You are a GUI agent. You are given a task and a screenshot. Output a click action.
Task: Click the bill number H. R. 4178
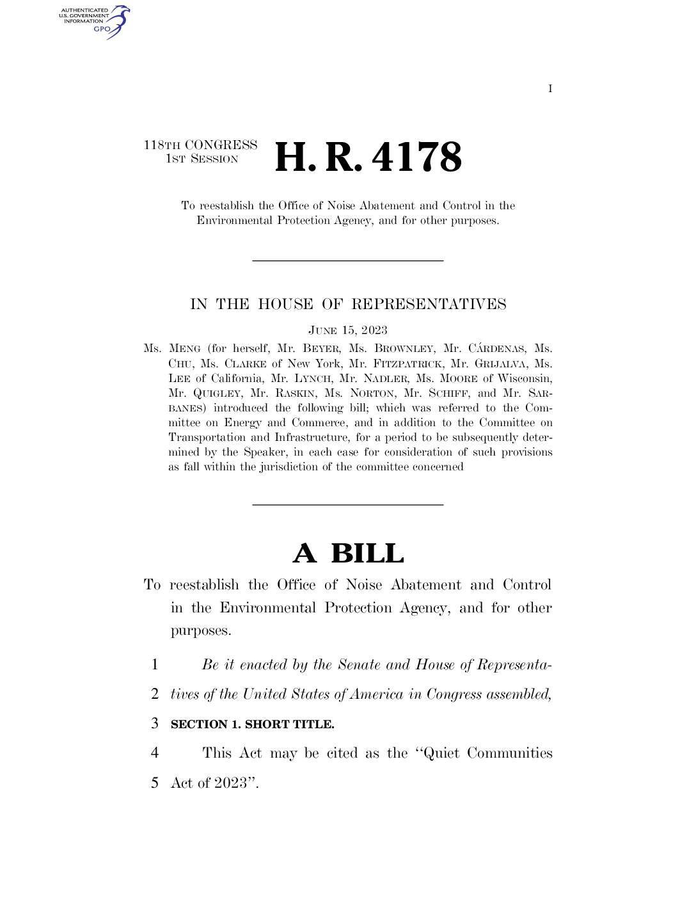(368, 157)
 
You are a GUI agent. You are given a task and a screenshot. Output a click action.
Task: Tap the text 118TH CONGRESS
(200, 145)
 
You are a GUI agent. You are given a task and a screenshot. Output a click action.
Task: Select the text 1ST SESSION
(202, 159)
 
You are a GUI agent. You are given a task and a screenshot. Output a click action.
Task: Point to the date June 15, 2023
(347, 330)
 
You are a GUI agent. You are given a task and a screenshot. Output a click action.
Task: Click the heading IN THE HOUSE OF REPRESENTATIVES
(348, 304)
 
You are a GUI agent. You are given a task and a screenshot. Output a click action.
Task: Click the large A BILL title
(348, 554)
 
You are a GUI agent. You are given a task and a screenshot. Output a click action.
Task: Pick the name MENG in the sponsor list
(185, 349)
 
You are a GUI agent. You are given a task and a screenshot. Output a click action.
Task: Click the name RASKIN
(296, 393)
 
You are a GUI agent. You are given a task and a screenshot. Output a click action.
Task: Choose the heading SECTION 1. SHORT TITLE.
(253, 724)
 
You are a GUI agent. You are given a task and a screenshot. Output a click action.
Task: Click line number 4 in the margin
(154, 753)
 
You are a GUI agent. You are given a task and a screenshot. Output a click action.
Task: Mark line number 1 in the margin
(154, 665)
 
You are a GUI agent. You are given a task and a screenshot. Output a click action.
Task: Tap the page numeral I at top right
(550, 89)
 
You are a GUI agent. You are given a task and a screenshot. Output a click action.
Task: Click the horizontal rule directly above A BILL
(348, 505)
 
